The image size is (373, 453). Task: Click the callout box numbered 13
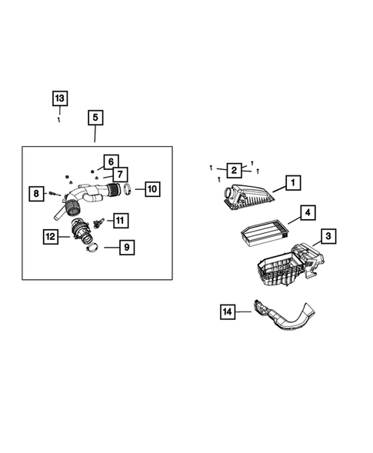(59, 98)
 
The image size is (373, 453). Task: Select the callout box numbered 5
(95, 118)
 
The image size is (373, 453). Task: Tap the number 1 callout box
(291, 182)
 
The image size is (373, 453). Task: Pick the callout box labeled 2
(231, 170)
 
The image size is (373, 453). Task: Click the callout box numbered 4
(305, 212)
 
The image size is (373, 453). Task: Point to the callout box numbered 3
(327, 236)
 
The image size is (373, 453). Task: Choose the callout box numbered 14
(227, 311)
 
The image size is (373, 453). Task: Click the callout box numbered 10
(151, 188)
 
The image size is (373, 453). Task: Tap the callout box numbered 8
(36, 194)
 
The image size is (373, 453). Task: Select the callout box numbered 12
(51, 237)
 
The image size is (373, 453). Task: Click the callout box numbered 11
(122, 221)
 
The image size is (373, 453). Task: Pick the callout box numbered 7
(121, 175)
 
